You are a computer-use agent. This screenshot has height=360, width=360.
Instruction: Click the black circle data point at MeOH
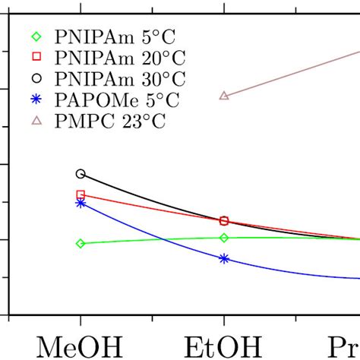[x=81, y=174]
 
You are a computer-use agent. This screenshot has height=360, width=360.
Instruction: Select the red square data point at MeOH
[x=81, y=194]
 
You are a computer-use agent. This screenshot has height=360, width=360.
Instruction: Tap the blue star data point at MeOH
[x=81, y=203]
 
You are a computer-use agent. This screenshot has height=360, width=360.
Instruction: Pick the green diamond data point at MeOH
[x=81, y=243]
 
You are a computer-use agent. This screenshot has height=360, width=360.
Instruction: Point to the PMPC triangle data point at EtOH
[x=224, y=95]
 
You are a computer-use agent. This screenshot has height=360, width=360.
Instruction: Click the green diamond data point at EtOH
[x=224, y=238]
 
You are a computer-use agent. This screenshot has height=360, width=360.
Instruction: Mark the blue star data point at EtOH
[x=224, y=258]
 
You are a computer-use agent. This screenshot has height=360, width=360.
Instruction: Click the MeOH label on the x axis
[x=80, y=346]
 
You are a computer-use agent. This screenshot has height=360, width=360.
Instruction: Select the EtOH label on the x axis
[x=223, y=346]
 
